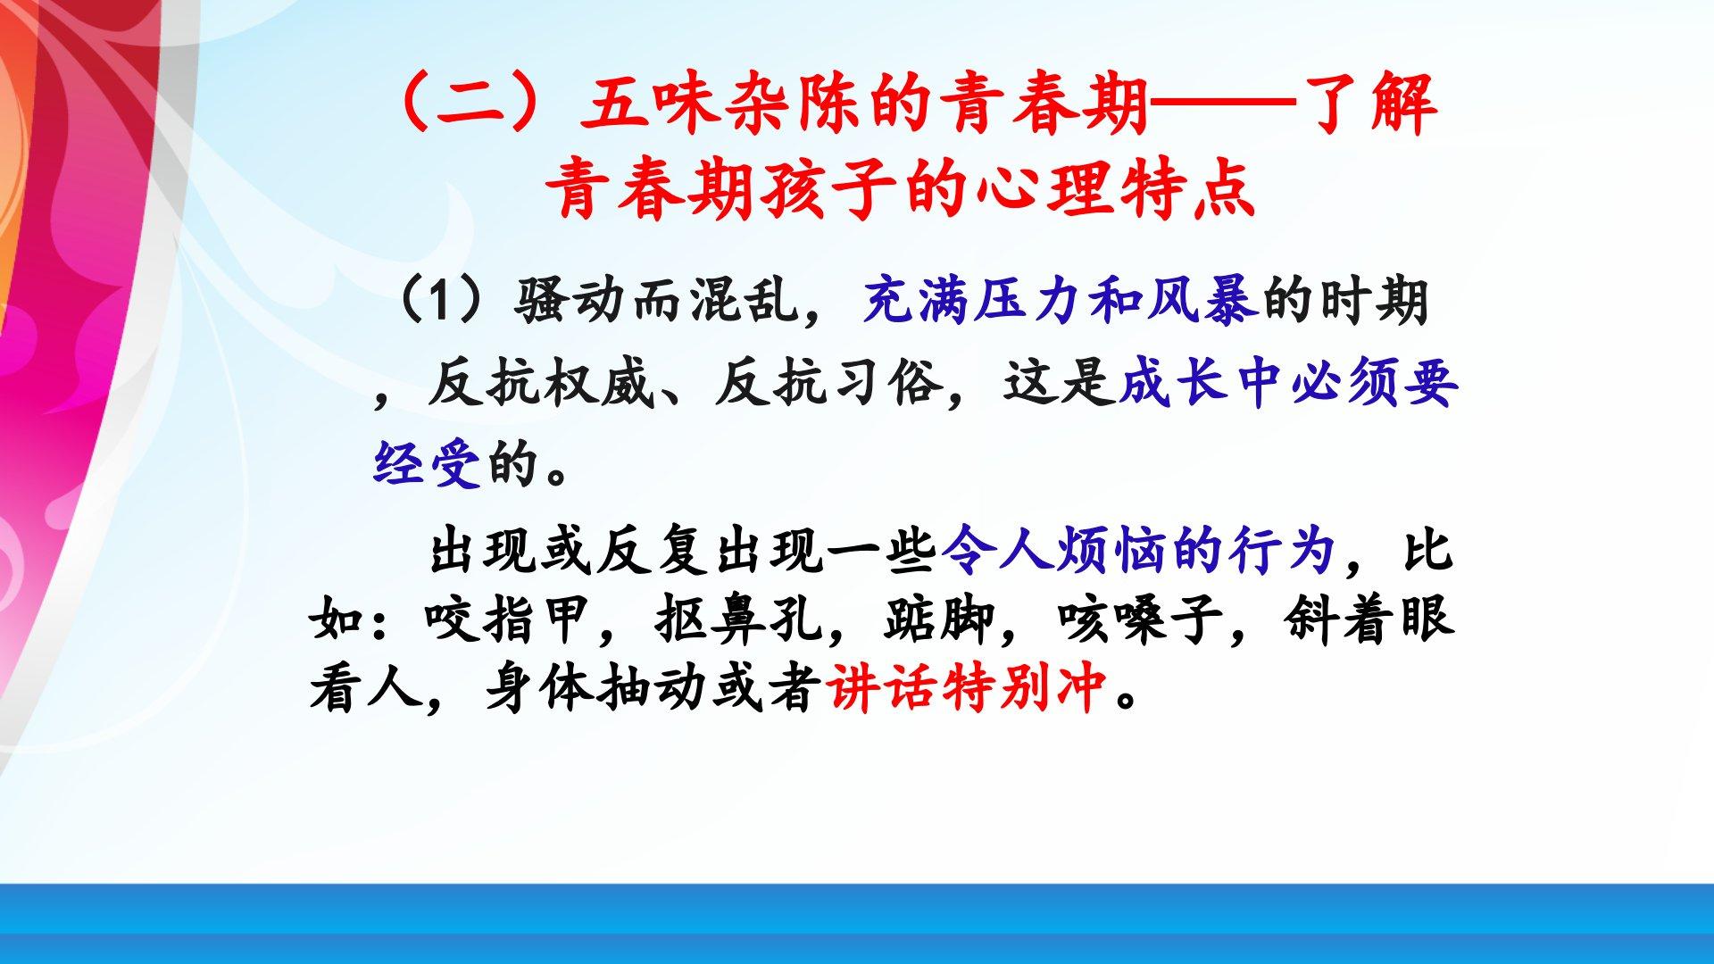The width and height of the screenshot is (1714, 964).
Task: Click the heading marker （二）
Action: coord(478,105)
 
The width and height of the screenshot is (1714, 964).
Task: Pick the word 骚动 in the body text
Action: coord(568,301)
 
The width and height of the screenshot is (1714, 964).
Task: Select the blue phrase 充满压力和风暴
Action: coord(1061,301)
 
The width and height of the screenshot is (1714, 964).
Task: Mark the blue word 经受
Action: coord(428,463)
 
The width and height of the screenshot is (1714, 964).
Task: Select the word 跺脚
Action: coord(939,619)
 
